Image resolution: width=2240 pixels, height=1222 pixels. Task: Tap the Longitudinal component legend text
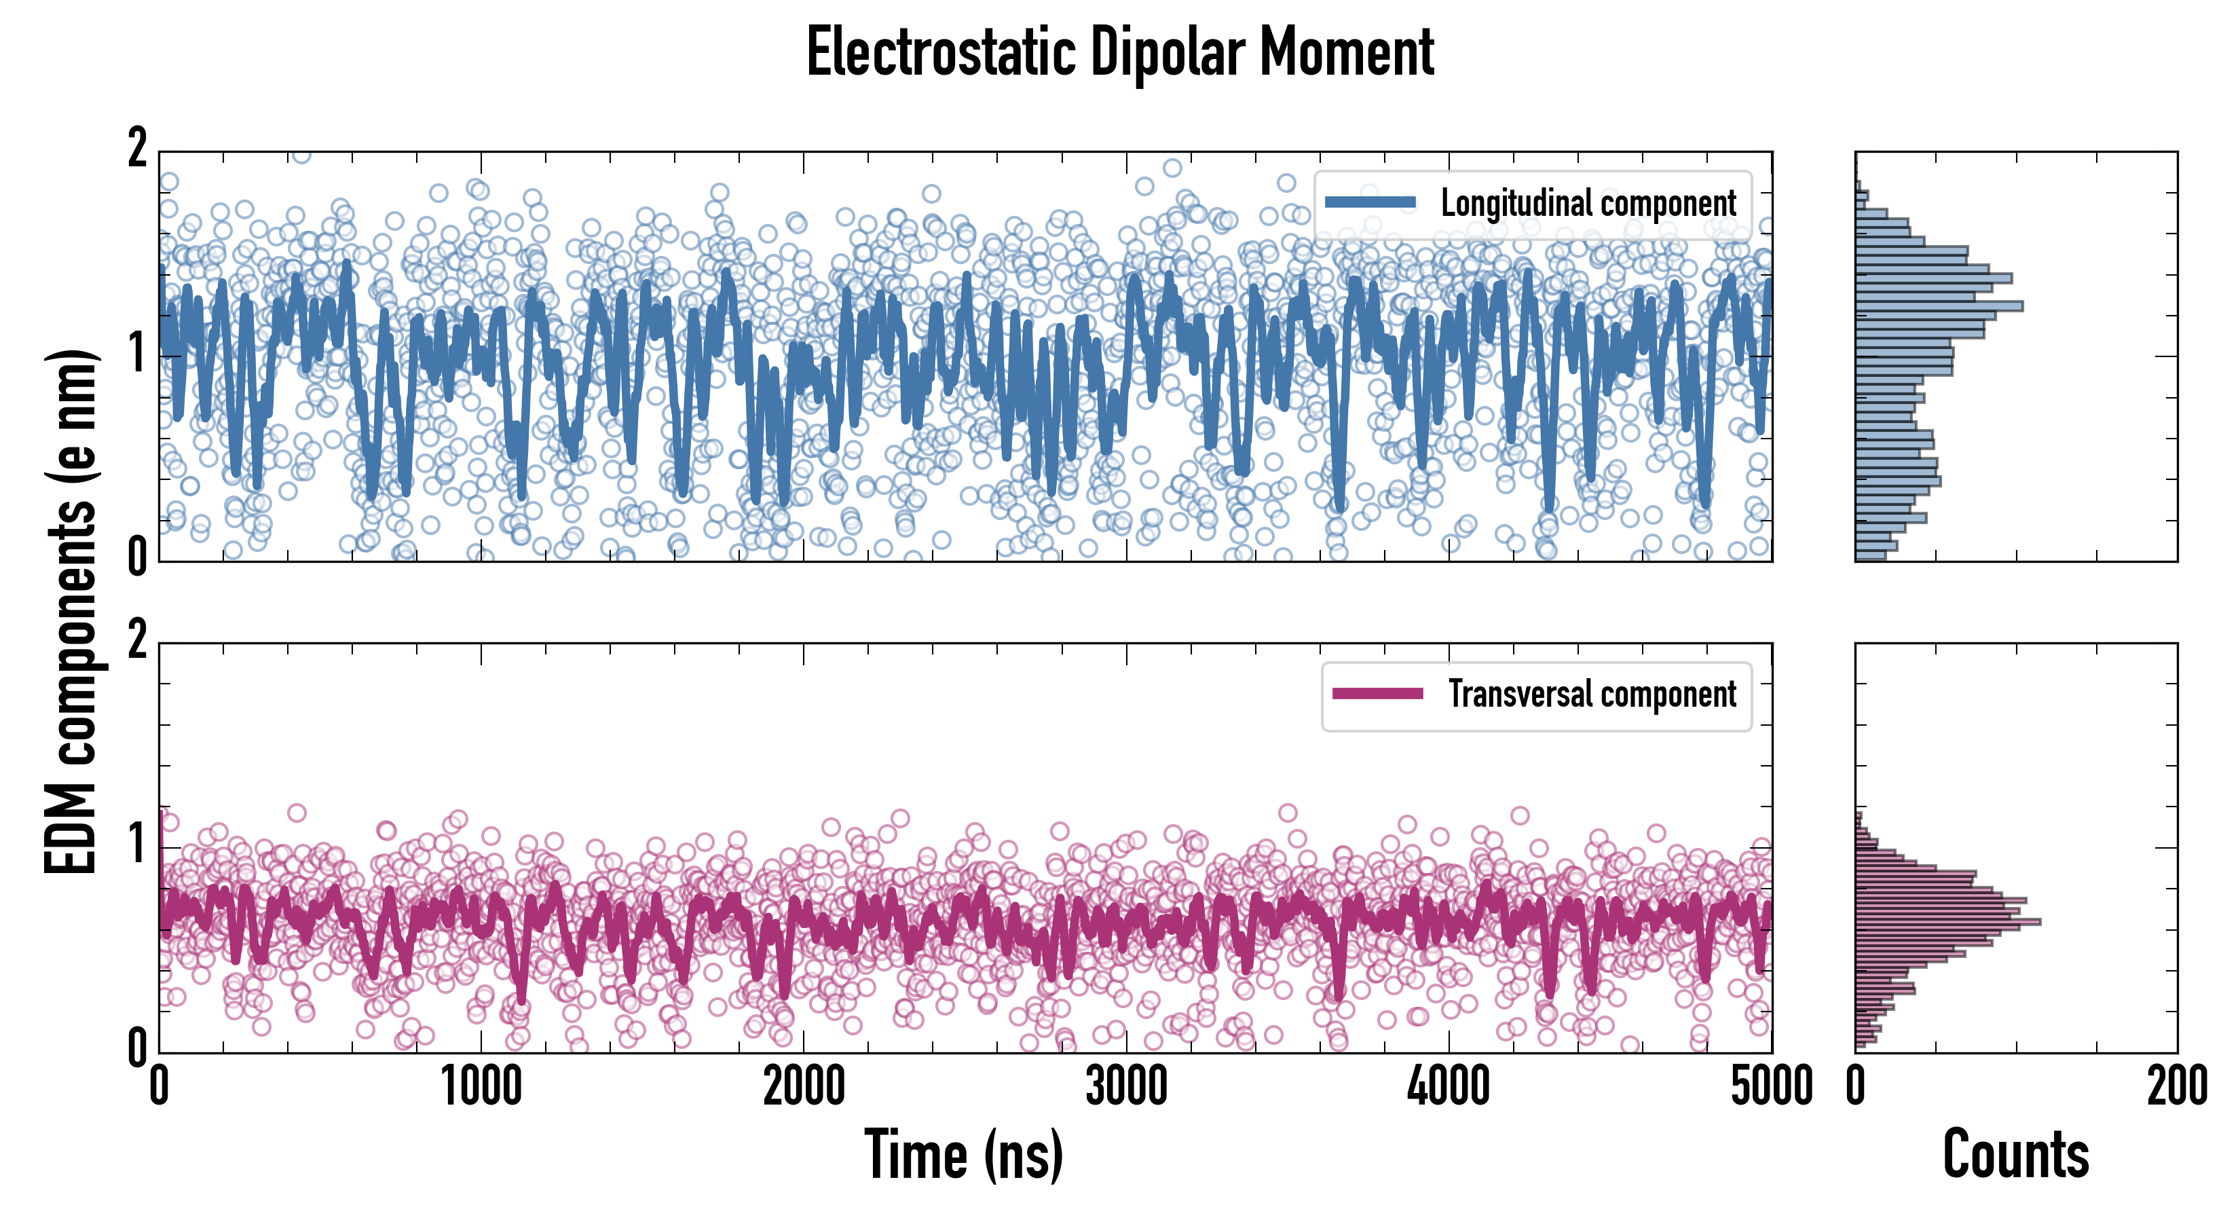tap(1588, 204)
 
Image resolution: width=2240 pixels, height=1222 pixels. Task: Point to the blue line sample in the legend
tap(1370, 203)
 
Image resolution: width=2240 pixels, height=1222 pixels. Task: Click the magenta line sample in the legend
tap(1377, 694)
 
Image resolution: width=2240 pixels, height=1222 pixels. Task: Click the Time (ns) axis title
tap(963, 1154)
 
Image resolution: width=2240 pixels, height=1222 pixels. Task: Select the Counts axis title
tap(2015, 1154)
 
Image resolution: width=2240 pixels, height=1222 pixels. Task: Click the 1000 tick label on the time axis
tap(481, 1086)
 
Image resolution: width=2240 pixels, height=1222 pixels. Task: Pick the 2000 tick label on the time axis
tap(804, 1086)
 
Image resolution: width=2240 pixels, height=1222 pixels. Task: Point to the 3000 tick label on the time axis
tap(1126, 1086)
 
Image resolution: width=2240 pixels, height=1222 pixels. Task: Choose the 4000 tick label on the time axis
tap(1449, 1086)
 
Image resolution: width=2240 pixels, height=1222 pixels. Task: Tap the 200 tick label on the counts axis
tap(2176, 1086)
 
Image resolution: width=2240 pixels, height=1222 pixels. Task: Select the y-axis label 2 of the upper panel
tap(137, 149)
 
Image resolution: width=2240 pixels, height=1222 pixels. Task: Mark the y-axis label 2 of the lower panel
tap(137, 641)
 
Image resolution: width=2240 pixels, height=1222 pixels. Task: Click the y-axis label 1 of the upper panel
tap(137, 353)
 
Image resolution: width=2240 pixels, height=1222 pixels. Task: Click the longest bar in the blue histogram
tap(1939, 306)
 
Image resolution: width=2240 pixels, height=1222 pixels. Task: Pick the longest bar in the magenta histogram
tap(1948, 921)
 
